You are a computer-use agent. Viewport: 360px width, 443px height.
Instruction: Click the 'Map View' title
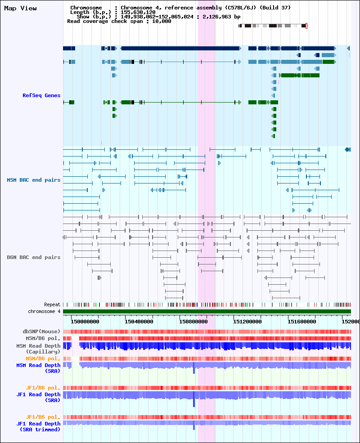[x=20, y=8]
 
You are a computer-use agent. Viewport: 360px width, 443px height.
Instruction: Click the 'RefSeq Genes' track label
[x=41, y=95]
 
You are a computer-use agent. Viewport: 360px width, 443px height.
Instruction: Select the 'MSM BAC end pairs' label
[x=34, y=180]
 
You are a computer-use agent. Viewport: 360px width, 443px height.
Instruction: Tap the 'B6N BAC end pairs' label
[x=34, y=257]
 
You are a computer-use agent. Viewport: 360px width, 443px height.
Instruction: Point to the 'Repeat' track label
[x=52, y=304]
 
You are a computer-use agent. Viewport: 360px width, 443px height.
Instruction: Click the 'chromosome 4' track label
[x=44, y=311]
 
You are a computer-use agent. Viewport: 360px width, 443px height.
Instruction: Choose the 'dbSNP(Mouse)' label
[x=41, y=331]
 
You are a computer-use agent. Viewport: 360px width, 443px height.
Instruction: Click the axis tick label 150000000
[x=85, y=322]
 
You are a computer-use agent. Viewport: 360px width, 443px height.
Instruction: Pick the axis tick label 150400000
[x=139, y=322]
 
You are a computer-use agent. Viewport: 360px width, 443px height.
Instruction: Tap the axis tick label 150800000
[x=193, y=322]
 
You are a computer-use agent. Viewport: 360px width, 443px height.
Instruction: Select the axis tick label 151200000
[x=247, y=322]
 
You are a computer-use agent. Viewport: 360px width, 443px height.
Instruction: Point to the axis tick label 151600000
[x=302, y=322]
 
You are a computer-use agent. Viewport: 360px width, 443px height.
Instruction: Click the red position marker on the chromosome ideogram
[x=306, y=26]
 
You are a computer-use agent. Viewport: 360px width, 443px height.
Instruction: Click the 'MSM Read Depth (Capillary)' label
[x=38, y=349]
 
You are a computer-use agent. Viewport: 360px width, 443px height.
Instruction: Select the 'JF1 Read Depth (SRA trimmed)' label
[x=38, y=427]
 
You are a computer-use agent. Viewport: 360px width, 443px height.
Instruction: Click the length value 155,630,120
[x=138, y=13]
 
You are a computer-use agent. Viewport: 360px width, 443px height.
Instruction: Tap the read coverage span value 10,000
[x=162, y=22]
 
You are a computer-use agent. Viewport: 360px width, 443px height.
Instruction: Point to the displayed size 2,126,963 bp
[x=221, y=17]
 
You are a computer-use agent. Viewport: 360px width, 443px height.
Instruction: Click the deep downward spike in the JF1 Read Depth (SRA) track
[x=194, y=399]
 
